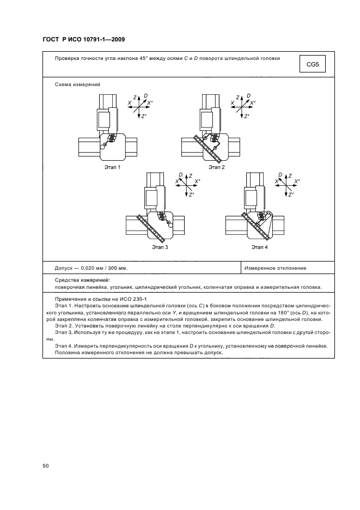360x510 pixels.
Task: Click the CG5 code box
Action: [x=313, y=65]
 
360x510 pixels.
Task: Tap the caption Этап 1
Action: [x=112, y=167]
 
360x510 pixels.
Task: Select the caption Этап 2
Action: [x=216, y=167]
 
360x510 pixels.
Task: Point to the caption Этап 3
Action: [x=160, y=247]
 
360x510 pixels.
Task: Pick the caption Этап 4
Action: [x=260, y=247]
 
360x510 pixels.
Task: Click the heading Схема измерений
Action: [x=78, y=84]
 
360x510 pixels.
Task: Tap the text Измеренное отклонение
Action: [x=275, y=268]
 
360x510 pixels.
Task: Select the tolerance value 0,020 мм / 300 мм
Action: [x=104, y=268]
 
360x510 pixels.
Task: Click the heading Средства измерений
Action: [x=82, y=280]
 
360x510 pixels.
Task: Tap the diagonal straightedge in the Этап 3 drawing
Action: [x=152, y=228]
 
